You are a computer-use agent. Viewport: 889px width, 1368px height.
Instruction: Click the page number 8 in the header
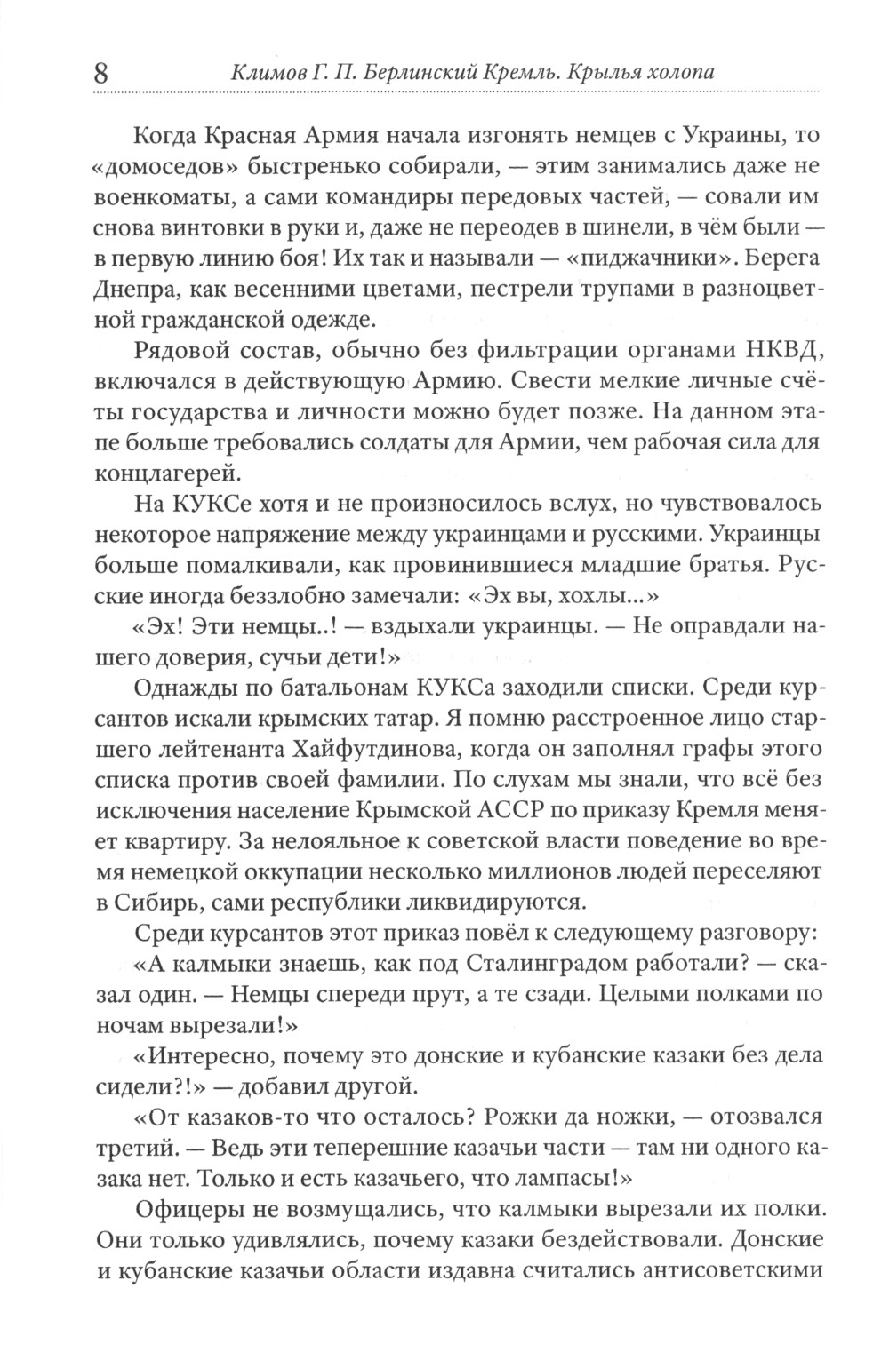pos(100,73)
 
